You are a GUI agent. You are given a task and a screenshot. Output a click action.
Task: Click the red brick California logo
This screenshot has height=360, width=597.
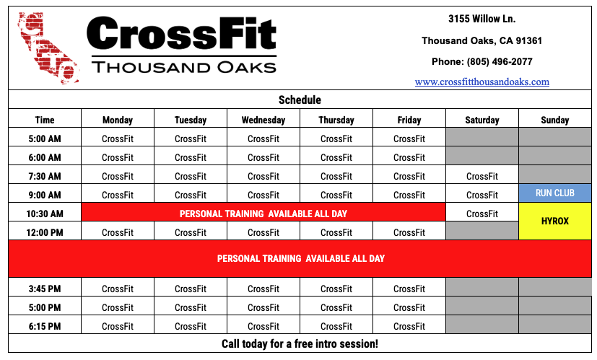[x=48, y=48]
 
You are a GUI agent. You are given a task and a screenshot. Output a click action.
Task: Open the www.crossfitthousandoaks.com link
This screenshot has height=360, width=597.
[x=482, y=82]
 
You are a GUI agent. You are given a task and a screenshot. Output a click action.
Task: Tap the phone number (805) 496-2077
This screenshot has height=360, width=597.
[x=500, y=61]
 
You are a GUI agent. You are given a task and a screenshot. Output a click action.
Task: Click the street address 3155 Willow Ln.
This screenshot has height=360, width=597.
[x=482, y=19]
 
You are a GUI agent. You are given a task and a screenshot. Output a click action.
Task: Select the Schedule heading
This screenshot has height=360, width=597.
[x=300, y=100]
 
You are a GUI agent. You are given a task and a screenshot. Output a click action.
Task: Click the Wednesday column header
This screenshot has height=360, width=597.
[x=263, y=120]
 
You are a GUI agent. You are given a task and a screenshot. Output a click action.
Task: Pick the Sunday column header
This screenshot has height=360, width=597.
[x=554, y=120]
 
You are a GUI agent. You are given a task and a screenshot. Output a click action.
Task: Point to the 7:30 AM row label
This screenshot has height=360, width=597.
[x=45, y=176]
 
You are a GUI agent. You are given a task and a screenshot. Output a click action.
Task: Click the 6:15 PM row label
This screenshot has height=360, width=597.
[x=45, y=326]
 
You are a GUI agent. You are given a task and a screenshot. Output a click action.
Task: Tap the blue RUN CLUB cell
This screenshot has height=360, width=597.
[x=554, y=193]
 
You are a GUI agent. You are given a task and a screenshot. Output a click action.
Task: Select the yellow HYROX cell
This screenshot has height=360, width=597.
[x=554, y=221]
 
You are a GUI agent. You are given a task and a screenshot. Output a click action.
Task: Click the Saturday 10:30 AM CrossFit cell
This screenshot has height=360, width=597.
[x=482, y=214]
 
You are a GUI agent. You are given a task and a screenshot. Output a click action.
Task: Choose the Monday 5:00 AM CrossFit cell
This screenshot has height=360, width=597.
[x=118, y=139]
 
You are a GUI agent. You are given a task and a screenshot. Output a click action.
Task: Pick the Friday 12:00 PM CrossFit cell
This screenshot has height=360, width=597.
[x=409, y=232]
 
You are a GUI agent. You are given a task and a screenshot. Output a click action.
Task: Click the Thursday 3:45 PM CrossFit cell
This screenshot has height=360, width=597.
[x=336, y=289]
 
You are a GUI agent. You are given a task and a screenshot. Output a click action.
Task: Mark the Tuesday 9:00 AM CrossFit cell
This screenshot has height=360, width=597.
[x=191, y=195]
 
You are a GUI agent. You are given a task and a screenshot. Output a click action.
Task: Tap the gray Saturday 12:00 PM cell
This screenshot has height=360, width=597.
[x=482, y=231]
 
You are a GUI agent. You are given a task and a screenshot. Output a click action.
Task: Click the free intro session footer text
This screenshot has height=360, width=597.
[x=300, y=343]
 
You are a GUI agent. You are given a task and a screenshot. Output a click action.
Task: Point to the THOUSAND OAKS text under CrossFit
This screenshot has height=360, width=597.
[x=184, y=67]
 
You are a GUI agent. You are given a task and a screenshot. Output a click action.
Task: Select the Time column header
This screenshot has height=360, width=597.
[x=45, y=120]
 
